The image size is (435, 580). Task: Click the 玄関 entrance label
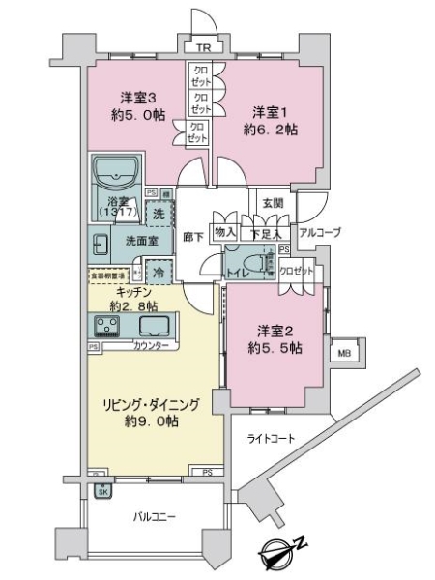[x=271, y=203]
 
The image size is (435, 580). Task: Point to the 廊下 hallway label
[x=191, y=235]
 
